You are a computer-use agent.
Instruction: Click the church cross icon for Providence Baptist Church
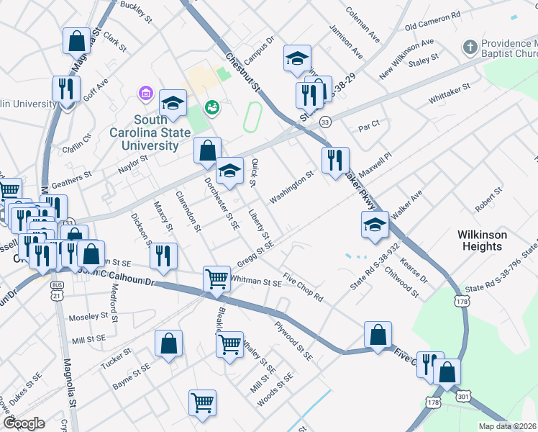(470, 48)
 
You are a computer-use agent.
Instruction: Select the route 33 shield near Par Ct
(325, 122)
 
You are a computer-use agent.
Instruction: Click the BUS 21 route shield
(57, 294)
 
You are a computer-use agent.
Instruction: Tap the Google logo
(24, 423)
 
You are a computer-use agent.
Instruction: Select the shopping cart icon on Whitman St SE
(217, 279)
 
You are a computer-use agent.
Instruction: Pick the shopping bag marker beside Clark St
(77, 42)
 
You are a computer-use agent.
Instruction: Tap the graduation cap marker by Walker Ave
(375, 226)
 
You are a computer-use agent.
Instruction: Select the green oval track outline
(251, 117)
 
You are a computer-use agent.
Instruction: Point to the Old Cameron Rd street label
(432, 21)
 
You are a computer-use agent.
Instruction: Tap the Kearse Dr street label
(414, 269)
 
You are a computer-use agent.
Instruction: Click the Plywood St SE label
(294, 341)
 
